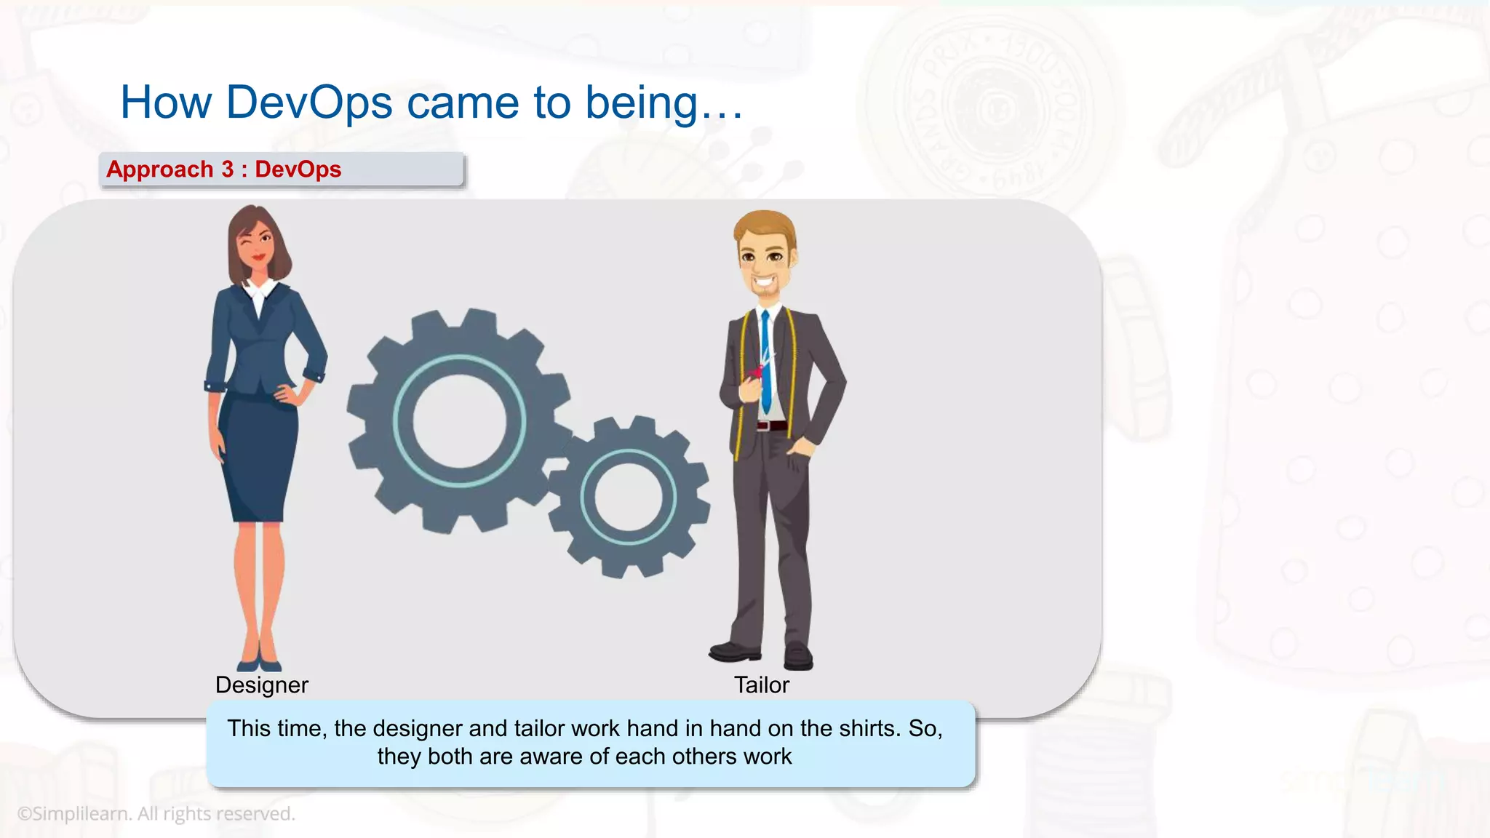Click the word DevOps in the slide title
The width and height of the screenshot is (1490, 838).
[x=309, y=103]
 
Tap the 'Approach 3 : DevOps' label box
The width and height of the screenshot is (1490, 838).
[x=282, y=169]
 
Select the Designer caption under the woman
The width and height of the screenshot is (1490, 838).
[x=262, y=685]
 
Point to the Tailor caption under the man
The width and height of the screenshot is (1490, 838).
[x=761, y=685]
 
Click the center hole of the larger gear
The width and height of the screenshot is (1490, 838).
[x=459, y=421]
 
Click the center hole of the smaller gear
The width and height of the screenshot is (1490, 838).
[x=629, y=498]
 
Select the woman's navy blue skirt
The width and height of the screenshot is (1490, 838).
[x=258, y=458]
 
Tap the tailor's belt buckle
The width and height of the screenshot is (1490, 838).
[x=762, y=426]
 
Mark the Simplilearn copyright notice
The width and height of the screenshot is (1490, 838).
[x=156, y=814]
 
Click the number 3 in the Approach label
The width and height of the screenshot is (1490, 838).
[x=227, y=169]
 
